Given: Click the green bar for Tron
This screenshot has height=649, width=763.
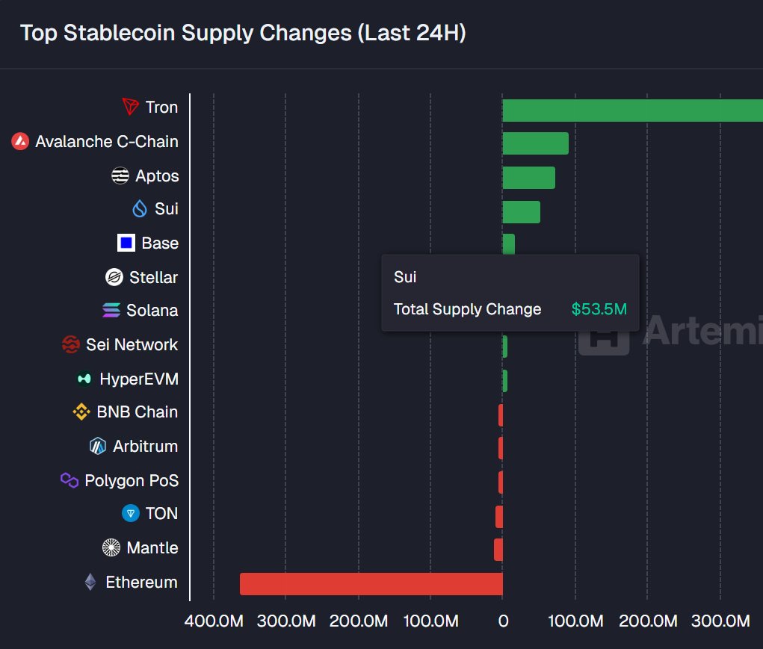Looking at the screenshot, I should click(x=632, y=110).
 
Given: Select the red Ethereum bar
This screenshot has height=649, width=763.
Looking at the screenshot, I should click(x=371, y=584).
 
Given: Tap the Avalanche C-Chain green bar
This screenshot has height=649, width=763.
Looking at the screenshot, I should click(x=535, y=143).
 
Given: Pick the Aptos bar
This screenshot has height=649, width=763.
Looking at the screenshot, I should click(x=528, y=178).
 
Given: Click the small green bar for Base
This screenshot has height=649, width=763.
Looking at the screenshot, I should click(x=508, y=243).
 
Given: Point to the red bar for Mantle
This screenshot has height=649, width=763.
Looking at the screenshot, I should click(x=498, y=550).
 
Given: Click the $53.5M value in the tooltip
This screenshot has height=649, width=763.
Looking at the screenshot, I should click(x=599, y=309).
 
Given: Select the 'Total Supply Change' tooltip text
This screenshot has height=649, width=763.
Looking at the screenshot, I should click(x=467, y=309).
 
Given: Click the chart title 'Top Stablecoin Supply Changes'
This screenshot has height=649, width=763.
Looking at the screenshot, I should click(x=243, y=34).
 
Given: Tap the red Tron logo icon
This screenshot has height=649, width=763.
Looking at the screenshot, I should click(x=131, y=108).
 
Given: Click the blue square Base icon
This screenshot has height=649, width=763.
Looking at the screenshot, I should click(x=126, y=243).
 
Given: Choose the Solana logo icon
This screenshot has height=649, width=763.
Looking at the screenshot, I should click(x=111, y=311).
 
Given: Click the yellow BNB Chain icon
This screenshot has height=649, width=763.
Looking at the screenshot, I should click(x=81, y=412).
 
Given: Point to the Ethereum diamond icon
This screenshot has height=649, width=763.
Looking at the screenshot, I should click(x=90, y=583).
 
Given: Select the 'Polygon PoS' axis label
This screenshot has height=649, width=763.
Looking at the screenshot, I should click(x=132, y=481).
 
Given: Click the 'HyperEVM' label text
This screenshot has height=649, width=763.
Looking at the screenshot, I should click(x=139, y=379).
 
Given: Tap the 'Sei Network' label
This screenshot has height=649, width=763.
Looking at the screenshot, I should click(x=132, y=345).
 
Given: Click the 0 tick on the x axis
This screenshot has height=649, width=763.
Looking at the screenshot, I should click(x=503, y=621).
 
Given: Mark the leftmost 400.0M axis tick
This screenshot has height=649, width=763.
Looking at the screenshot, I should click(x=214, y=621).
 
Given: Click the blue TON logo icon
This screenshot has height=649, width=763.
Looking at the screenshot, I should click(x=131, y=514).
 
